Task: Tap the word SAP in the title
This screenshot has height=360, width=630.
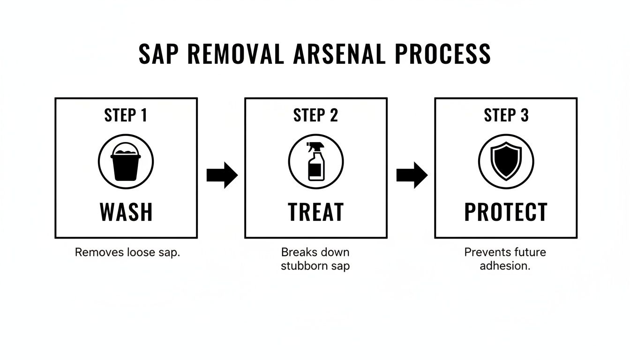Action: (159, 54)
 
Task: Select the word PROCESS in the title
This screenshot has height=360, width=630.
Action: (442, 54)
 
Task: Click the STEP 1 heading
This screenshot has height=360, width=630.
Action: (126, 116)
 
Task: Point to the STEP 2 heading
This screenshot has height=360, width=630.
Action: (315, 116)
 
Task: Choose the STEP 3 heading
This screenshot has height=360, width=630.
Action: (506, 116)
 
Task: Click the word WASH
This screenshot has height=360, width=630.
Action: (126, 212)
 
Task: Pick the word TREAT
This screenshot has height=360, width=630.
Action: (315, 212)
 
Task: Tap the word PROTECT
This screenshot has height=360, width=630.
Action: (506, 212)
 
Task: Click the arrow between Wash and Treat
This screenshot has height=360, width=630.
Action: (222, 175)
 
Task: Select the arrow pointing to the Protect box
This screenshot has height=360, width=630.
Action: (412, 175)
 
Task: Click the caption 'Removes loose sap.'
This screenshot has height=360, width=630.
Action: (127, 252)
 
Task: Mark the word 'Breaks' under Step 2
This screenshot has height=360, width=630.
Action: (297, 252)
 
